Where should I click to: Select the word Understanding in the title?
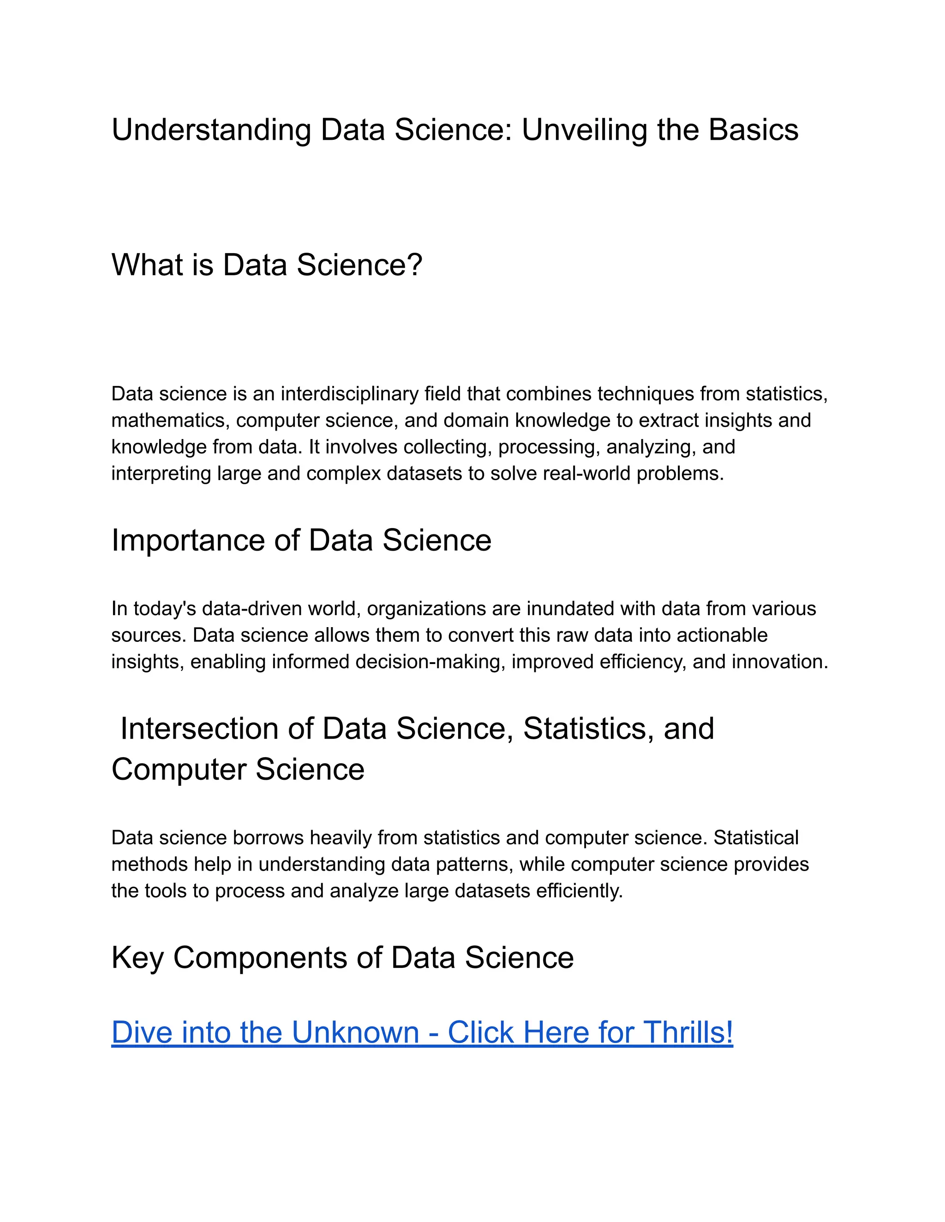(211, 130)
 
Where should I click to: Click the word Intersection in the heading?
(199, 729)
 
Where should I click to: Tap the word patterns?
(472, 864)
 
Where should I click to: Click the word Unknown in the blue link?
(355, 1032)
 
